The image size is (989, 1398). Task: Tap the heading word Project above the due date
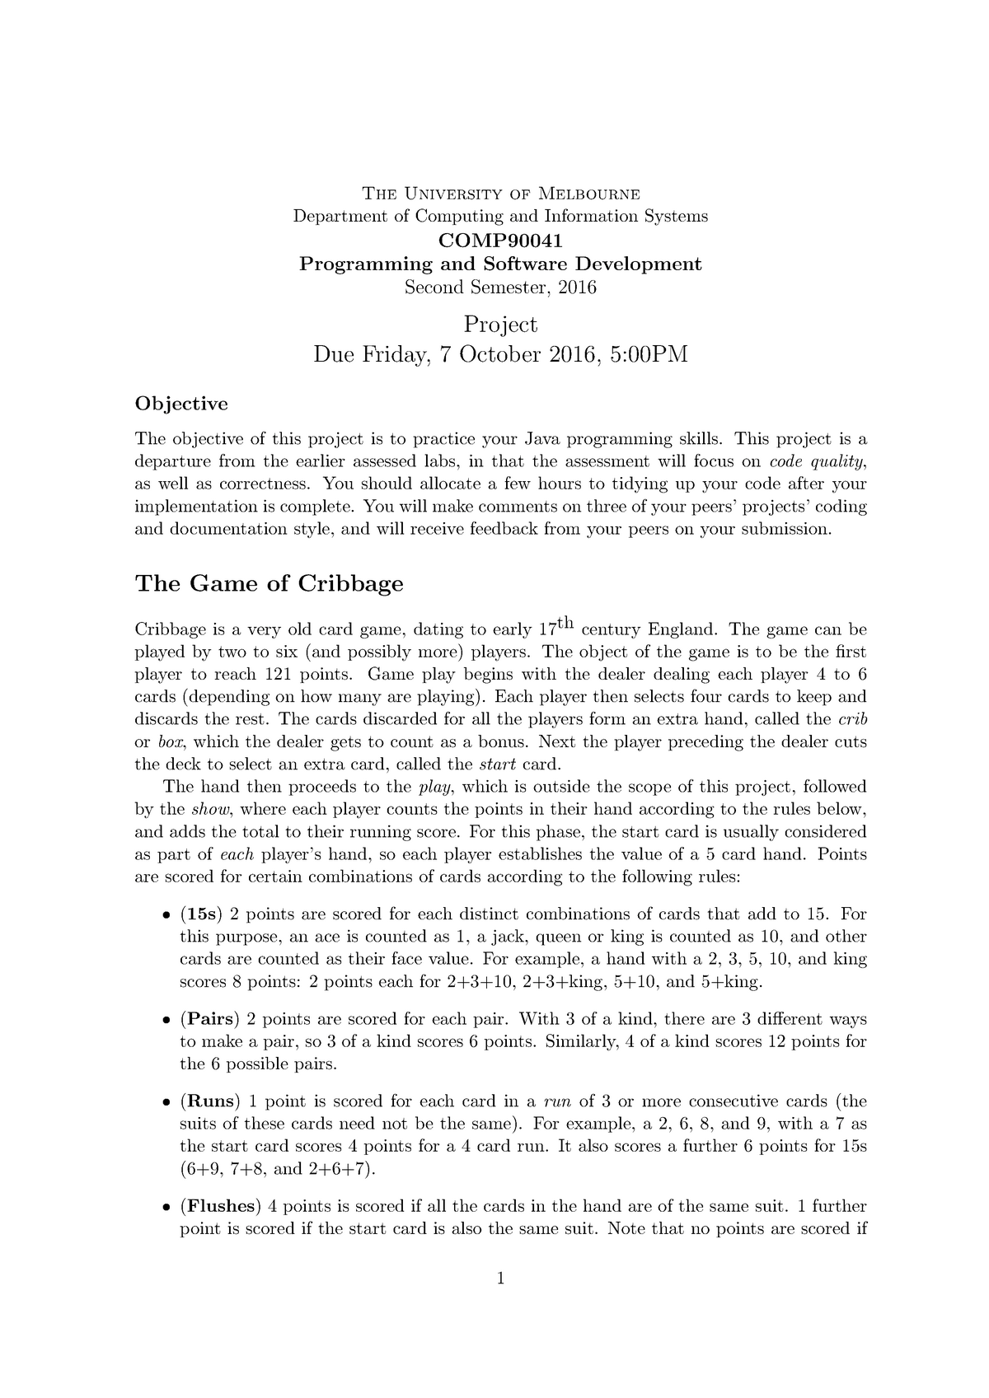500,324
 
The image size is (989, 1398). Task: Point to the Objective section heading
180,404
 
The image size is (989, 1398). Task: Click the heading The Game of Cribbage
269,584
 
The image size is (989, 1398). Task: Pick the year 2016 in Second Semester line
576,288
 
